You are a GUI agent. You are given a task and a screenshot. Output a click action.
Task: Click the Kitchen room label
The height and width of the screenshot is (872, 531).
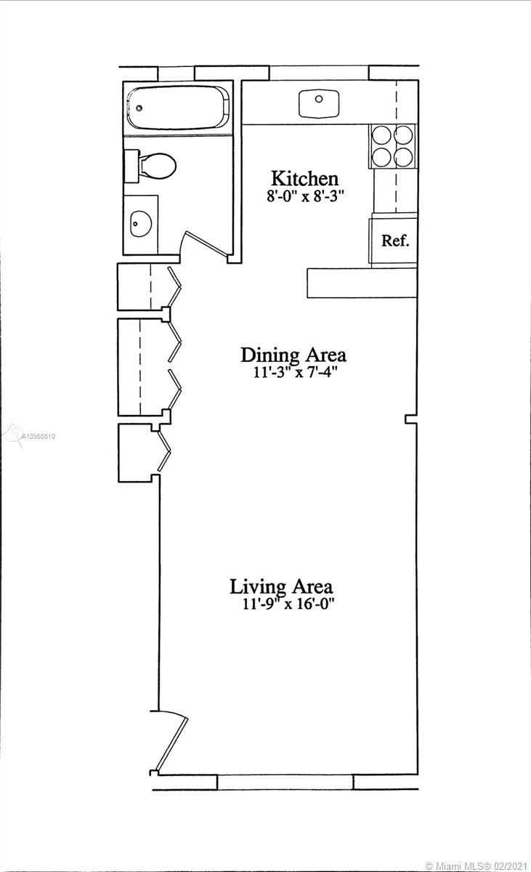click(304, 179)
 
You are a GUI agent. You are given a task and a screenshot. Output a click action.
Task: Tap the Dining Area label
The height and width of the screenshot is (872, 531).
click(293, 355)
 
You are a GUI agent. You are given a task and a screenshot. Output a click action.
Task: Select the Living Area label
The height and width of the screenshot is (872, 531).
click(281, 587)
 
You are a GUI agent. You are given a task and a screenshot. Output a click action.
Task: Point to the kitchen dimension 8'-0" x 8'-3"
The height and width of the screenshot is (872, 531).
click(305, 196)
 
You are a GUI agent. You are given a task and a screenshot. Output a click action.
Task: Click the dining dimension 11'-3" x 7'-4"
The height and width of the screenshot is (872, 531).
click(295, 373)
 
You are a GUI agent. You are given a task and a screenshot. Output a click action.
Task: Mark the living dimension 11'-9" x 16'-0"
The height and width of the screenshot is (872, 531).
click(288, 604)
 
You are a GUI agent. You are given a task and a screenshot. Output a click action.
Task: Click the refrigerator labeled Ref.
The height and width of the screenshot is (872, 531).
click(393, 241)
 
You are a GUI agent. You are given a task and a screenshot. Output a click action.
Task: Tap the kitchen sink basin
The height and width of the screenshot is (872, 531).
click(319, 105)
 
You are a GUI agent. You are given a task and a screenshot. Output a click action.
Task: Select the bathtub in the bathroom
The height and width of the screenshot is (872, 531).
click(178, 108)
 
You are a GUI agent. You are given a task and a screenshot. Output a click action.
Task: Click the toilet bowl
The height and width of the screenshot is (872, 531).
click(158, 166)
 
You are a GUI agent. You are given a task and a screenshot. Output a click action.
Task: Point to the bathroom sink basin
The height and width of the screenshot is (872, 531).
click(140, 224)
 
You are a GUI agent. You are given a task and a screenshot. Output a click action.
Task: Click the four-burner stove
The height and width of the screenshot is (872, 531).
click(392, 146)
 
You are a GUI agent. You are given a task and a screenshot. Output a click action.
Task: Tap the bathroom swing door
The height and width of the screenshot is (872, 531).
click(205, 244)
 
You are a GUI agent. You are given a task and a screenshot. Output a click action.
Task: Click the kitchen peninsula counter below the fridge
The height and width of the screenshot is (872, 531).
click(362, 283)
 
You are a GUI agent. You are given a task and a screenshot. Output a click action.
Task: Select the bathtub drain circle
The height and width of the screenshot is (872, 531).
click(139, 108)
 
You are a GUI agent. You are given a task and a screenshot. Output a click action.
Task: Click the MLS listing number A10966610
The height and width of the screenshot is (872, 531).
click(38, 437)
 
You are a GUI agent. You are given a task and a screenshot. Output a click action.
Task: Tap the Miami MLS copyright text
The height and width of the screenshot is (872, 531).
click(477, 866)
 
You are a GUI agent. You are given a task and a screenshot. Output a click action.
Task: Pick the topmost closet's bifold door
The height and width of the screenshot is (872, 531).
click(174, 286)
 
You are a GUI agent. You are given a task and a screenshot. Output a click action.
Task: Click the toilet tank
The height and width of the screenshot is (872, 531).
click(131, 166)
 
